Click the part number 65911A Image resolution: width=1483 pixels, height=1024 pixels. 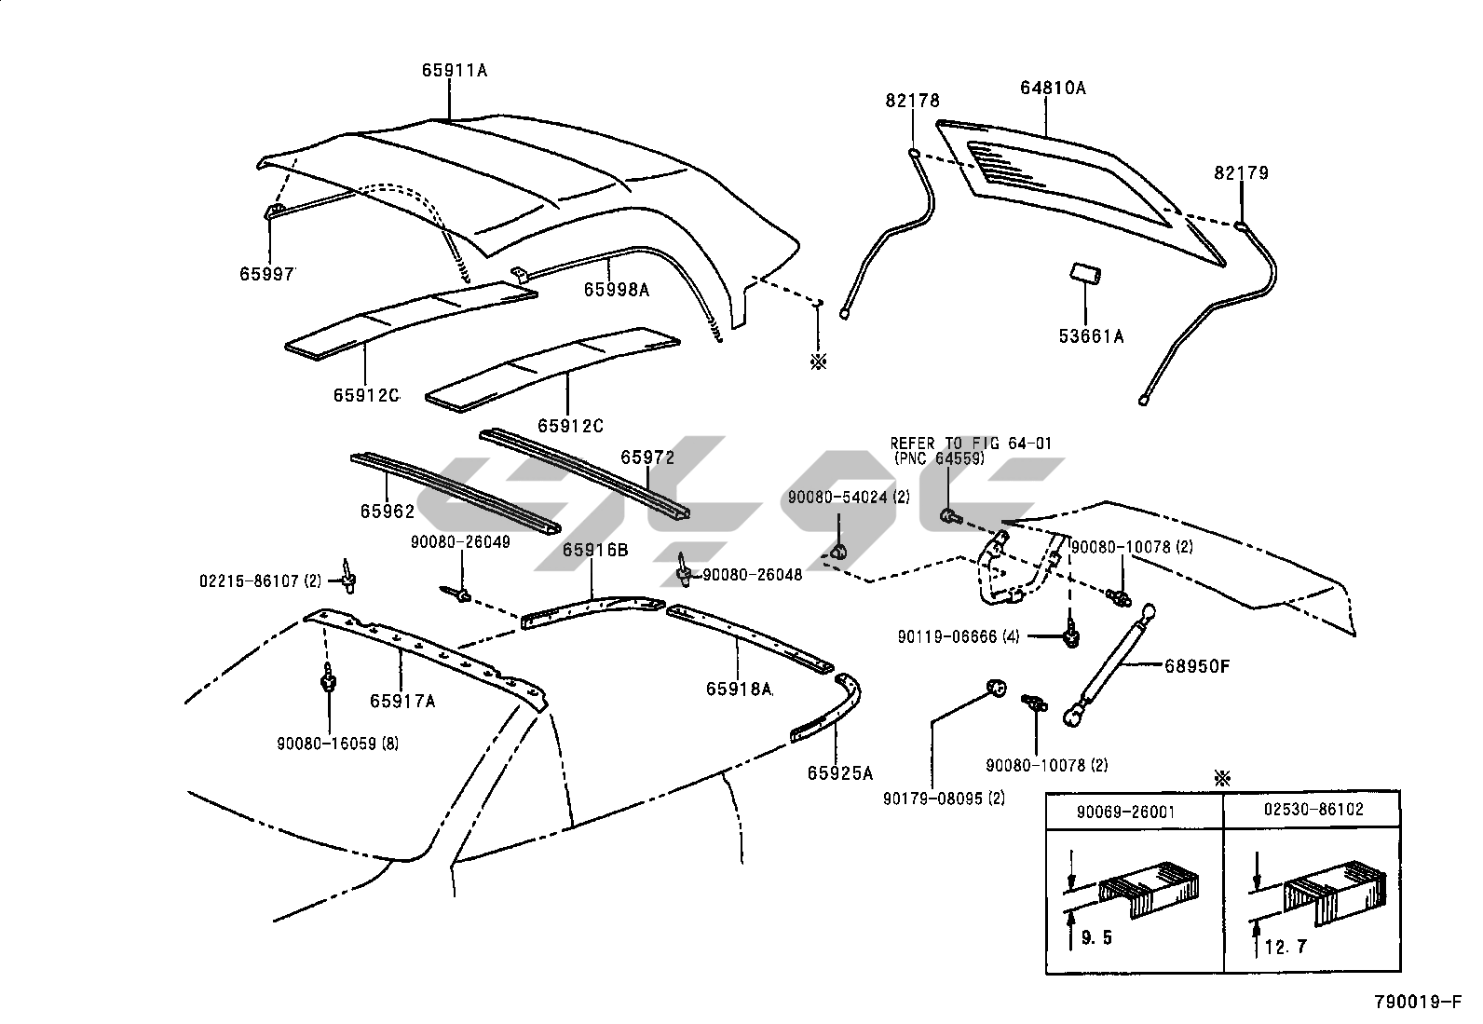tap(455, 70)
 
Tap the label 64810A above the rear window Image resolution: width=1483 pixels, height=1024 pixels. tap(1053, 89)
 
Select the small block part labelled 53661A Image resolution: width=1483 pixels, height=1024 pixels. tap(1085, 276)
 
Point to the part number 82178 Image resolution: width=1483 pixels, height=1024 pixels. tap(913, 101)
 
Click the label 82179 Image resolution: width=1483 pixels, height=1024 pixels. tap(1241, 173)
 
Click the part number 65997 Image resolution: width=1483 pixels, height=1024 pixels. tap(267, 274)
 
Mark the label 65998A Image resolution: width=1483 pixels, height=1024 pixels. tap(617, 290)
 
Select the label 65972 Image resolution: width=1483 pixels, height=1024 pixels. tap(648, 457)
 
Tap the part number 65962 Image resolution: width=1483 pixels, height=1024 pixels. tap(387, 512)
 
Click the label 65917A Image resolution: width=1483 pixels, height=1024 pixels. tap(402, 701)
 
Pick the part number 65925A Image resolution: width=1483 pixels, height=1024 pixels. tap(840, 772)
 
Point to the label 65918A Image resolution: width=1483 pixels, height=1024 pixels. tap(739, 689)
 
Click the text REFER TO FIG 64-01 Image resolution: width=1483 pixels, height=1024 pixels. tap(971, 444)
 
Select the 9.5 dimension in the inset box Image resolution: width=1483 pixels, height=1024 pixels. tap(1097, 938)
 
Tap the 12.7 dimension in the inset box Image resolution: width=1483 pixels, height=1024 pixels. tap(1286, 949)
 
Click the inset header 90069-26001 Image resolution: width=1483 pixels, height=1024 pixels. tap(1125, 812)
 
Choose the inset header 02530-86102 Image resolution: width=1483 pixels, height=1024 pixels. tap(1313, 810)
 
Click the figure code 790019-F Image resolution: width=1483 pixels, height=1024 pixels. tap(1418, 1004)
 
